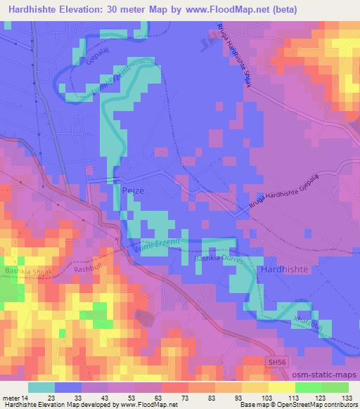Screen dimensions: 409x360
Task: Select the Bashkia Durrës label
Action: point(218,259)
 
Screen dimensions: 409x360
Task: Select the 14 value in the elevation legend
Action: point(25,398)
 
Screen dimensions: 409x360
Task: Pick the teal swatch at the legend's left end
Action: point(41,388)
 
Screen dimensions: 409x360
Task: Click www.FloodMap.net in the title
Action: point(229,10)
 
